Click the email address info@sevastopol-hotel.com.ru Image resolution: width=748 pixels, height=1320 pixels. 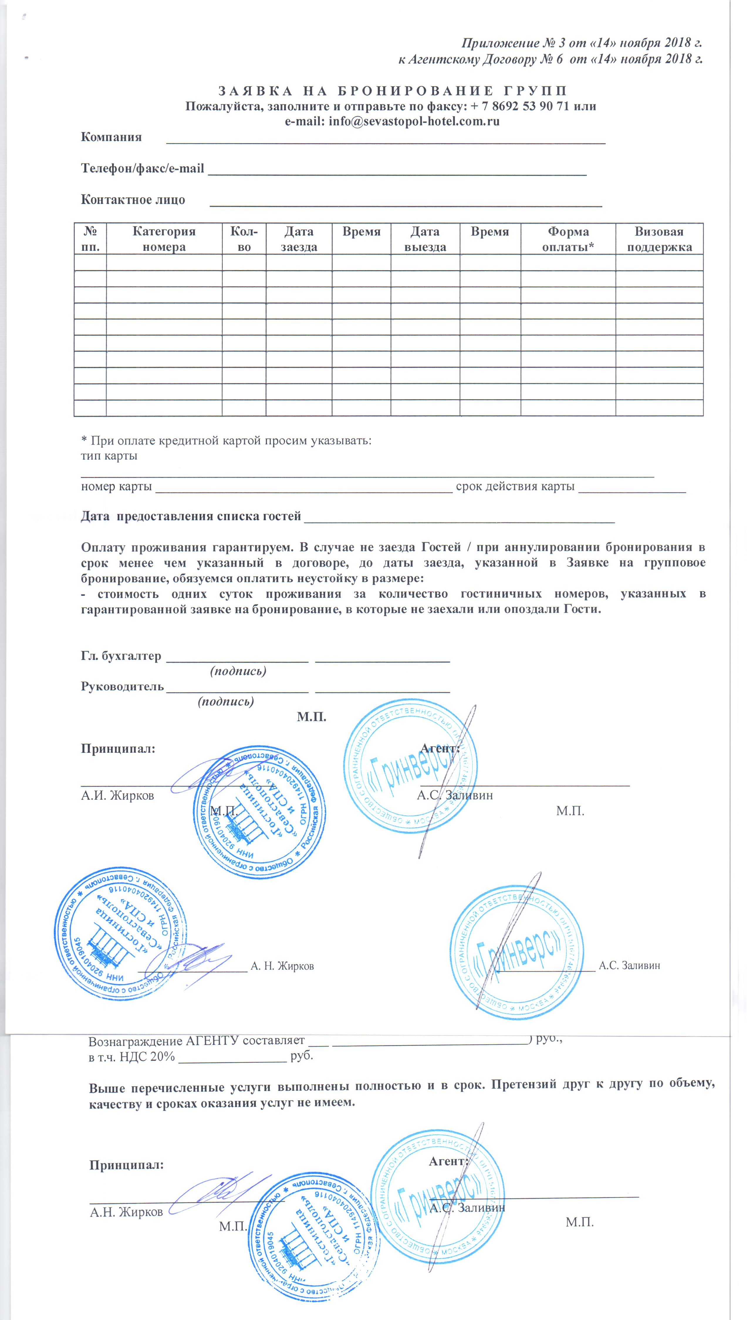pos(413,122)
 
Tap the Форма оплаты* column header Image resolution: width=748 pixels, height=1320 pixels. pos(568,239)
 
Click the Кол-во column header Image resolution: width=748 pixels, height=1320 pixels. pos(244,239)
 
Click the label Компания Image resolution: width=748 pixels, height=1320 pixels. pos(111,137)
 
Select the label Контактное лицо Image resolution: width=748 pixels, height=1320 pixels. pos(133,200)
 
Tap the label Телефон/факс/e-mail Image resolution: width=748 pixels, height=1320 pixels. pos(142,168)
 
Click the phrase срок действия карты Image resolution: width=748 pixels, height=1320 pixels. pos(515,486)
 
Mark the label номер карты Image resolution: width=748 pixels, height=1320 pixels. pos(116,486)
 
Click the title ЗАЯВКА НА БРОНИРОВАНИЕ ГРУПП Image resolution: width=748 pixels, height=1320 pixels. pos(393,91)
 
